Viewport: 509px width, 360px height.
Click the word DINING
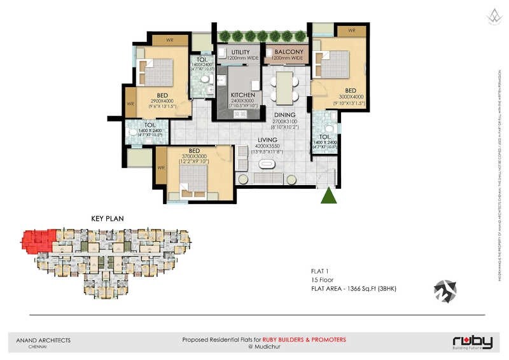click(284, 115)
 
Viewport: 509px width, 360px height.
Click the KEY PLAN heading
click(108, 219)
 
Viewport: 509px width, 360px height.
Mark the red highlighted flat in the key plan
click(38, 240)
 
